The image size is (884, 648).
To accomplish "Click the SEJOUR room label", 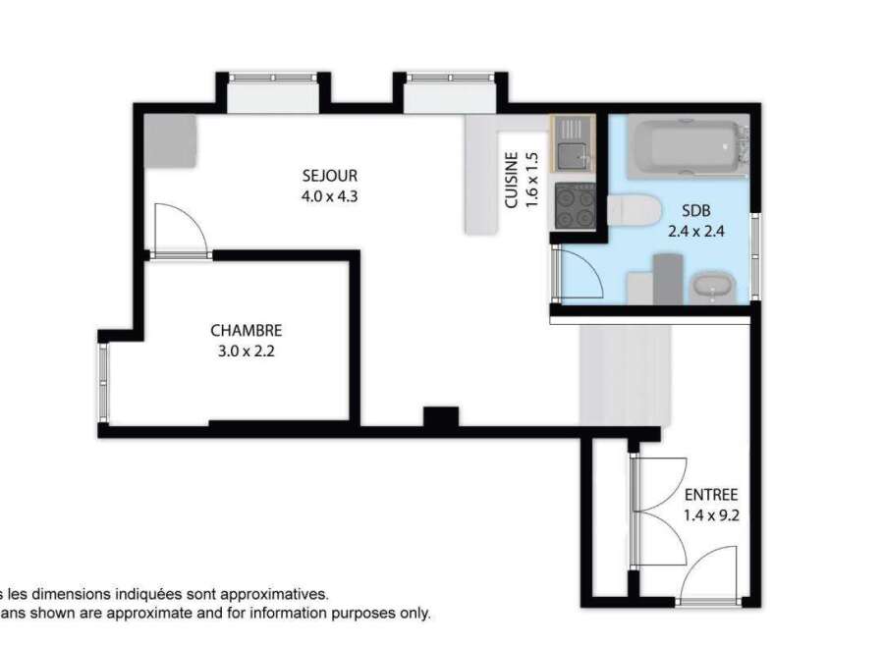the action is [330, 176].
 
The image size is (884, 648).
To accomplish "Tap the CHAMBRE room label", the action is [247, 330].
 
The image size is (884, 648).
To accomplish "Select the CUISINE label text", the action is [512, 180].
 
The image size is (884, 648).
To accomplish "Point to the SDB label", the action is [696, 211].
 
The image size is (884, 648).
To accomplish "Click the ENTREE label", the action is [711, 495].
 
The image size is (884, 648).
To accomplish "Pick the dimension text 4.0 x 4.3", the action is [330, 196].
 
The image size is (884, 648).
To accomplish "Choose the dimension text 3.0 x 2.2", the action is [247, 351].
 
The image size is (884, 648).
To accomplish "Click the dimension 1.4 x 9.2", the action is [711, 515].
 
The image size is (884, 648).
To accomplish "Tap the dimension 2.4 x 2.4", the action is [696, 231].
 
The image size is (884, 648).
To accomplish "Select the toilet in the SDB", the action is [635, 210].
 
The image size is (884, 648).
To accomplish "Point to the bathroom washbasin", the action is [712, 288].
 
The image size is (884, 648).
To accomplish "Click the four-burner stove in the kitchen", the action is [575, 206].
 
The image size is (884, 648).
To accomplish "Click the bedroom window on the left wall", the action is [104, 383].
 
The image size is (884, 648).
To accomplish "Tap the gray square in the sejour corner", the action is [170, 141].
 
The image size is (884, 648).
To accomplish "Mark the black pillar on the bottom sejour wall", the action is [441, 417].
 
